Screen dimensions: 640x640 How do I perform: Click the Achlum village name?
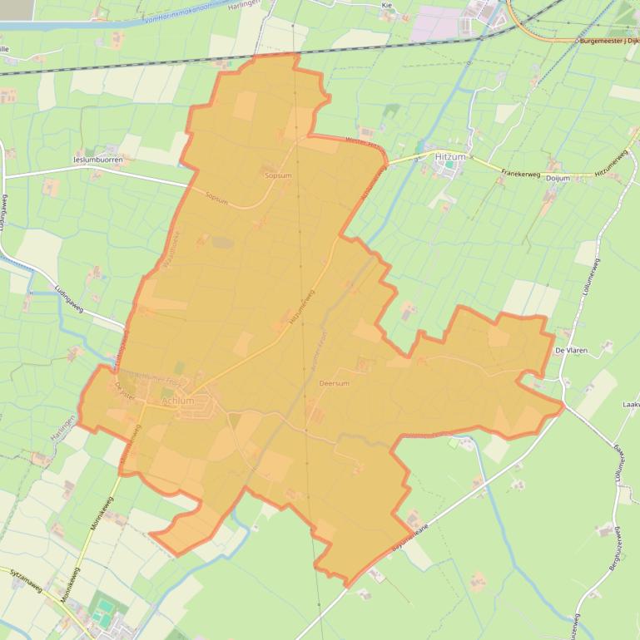pos(178,401)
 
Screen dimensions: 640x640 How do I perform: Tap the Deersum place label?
pos(334,384)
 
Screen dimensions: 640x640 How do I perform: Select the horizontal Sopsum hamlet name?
pos(278,176)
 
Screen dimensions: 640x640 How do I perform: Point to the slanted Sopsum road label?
pos(216,197)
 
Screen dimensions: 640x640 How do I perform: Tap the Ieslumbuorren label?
pos(97,159)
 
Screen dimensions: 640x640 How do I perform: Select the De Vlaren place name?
pos(571,351)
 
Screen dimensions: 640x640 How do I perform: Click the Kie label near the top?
pos(386,5)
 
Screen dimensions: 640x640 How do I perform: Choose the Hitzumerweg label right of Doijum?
pos(615,164)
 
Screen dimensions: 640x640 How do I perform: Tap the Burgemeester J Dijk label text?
pos(609,39)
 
